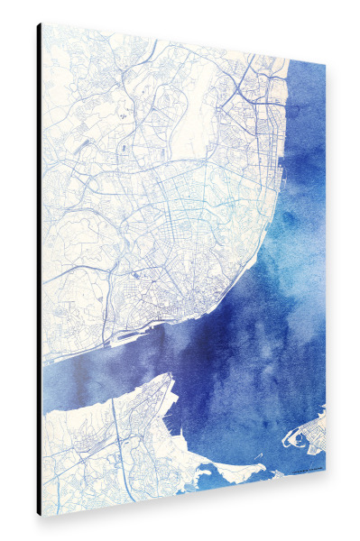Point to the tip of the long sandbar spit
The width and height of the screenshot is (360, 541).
(264, 467)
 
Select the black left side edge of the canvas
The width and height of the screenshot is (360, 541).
(39, 270)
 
